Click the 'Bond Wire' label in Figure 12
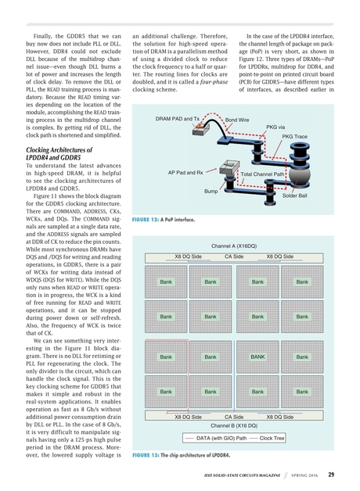(237, 120)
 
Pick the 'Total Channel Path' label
(262, 174)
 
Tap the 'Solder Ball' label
(294, 195)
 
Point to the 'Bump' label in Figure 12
(211, 191)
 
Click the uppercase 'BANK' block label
(257, 357)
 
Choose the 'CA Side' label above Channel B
(234, 417)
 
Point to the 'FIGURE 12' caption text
(164, 220)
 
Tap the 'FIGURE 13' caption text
(181, 454)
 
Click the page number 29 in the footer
(332, 474)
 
